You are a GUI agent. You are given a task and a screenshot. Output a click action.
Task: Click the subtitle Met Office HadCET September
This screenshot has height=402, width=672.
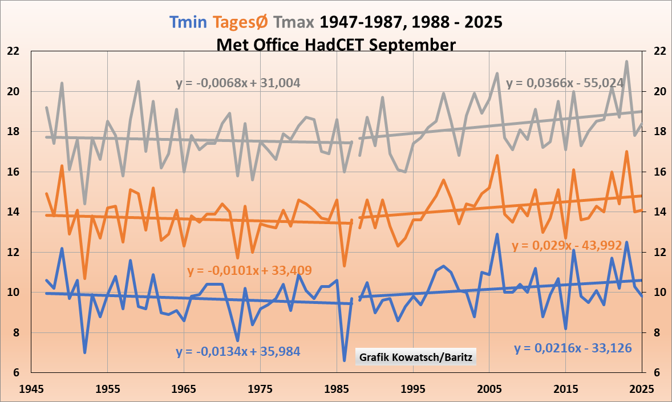click(x=336, y=44)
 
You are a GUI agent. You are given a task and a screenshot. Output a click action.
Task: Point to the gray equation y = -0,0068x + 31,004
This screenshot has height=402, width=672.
click(x=238, y=83)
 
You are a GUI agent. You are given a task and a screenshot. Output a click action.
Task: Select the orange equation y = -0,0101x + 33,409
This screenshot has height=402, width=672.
click(x=249, y=270)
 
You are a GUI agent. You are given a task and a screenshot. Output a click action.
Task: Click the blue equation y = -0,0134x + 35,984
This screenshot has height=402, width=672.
click(x=238, y=352)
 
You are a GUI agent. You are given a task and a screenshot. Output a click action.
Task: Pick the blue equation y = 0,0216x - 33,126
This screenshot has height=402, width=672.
click(x=573, y=348)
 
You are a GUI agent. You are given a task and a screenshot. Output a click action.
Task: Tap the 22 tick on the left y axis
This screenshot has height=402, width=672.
click(x=13, y=51)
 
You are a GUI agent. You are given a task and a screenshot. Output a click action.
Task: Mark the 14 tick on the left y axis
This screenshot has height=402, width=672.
click(x=13, y=212)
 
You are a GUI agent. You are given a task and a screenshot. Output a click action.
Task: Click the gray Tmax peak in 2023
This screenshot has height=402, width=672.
click(x=626, y=62)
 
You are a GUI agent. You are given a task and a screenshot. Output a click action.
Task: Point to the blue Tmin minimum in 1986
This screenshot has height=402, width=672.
click(x=344, y=360)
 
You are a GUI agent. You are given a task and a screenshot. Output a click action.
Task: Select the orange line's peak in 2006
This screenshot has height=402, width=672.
click(x=497, y=155)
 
